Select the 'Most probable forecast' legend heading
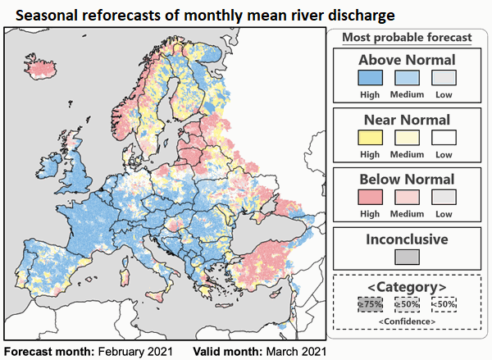407,37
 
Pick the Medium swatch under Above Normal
407,78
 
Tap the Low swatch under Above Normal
444,78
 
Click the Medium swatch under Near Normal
407,137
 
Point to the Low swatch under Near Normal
444,137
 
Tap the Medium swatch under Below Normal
407,197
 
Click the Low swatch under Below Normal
444,197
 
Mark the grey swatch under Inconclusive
407,256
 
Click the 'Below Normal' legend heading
407,179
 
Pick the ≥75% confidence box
370,303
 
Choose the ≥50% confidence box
407,303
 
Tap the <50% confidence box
444,303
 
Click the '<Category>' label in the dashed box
407,286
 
